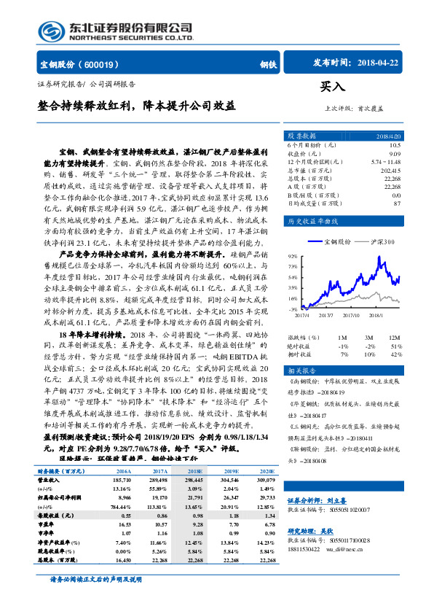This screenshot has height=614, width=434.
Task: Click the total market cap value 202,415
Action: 390,169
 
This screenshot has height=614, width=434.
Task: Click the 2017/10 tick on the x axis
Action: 352,316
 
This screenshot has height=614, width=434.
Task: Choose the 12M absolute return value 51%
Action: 394,346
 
